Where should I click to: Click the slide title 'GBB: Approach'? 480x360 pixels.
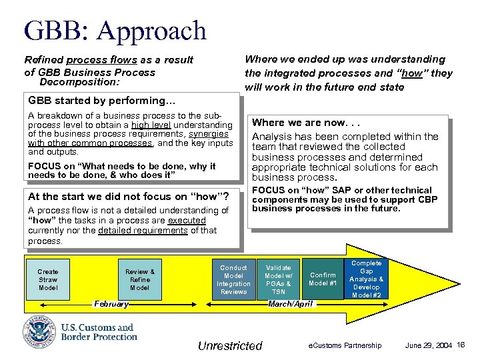click(x=115, y=31)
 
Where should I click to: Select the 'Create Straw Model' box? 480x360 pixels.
click(x=48, y=280)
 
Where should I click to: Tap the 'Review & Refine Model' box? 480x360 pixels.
click(x=140, y=280)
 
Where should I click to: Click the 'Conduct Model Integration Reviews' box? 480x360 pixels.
click(x=233, y=279)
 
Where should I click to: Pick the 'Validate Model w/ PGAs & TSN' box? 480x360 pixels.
click(x=279, y=279)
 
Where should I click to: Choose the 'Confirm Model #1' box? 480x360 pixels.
click(x=323, y=279)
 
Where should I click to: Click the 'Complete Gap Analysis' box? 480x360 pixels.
click(x=366, y=279)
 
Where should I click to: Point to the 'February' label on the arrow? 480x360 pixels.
click(x=111, y=304)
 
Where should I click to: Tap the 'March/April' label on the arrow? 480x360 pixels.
click(x=289, y=304)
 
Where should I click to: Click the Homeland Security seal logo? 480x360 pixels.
click(x=39, y=332)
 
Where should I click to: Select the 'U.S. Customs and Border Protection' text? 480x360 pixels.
click(x=97, y=332)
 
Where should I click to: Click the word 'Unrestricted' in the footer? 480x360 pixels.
click(x=230, y=346)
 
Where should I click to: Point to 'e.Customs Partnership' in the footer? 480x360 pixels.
click(x=344, y=345)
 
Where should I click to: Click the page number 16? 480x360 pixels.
click(x=461, y=345)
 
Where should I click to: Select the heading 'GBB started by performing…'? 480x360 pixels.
click(x=101, y=101)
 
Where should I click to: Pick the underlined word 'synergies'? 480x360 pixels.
click(x=209, y=133)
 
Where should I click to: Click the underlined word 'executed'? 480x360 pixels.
click(x=187, y=220)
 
